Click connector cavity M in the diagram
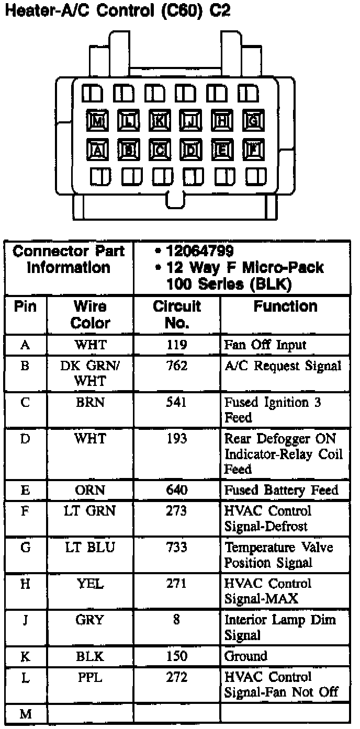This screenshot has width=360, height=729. (98, 122)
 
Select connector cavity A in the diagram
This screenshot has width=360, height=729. (98, 150)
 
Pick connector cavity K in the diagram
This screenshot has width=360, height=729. (160, 122)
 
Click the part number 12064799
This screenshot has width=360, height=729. (199, 251)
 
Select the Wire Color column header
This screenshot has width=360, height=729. (90, 314)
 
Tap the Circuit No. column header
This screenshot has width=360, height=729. (176, 314)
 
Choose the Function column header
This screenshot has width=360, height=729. (285, 307)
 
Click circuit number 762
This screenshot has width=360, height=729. (176, 366)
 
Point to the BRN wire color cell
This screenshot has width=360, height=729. (90, 403)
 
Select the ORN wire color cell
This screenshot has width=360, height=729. (90, 491)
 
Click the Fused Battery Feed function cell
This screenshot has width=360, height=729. (281, 491)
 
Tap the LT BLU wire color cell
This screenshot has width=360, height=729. (90, 548)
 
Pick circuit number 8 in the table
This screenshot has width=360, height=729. (176, 620)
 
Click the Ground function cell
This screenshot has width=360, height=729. (245, 656)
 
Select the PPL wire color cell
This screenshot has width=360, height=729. (90, 677)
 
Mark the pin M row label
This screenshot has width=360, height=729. (26, 714)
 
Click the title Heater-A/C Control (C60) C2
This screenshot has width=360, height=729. (117, 11)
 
